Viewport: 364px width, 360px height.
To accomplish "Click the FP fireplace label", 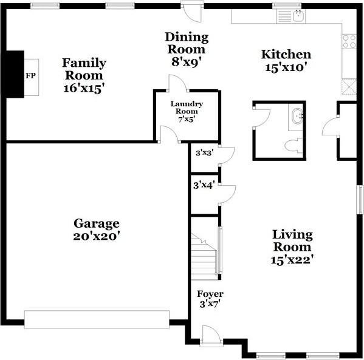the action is click(x=30, y=76).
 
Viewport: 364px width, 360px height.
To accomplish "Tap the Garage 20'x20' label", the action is click(x=97, y=230).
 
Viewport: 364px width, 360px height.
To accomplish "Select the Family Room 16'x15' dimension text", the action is click(x=84, y=88).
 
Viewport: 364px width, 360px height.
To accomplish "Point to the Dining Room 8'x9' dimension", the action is click(x=186, y=62).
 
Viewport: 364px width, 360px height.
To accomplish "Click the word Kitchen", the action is click(x=286, y=54).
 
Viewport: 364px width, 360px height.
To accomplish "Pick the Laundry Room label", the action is click(x=187, y=107).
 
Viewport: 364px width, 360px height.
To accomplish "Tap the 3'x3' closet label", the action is click(x=204, y=153).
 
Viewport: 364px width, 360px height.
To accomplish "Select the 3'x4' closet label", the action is click(x=204, y=185).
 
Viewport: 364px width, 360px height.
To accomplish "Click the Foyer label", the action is click(x=210, y=294).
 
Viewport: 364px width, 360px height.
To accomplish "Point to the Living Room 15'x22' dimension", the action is click(x=292, y=260).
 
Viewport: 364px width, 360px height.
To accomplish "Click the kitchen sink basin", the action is click(x=298, y=16).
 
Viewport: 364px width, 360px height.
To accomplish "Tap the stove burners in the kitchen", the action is click(x=349, y=41).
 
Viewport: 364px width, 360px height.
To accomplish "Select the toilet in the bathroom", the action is click(x=294, y=146).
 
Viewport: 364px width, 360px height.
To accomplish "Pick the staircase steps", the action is click(x=204, y=257).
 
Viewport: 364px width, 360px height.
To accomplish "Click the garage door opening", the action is click(x=97, y=319).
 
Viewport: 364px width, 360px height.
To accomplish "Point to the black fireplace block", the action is click(x=15, y=74).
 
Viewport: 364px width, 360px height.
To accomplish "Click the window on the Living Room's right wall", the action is click(x=360, y=200).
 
